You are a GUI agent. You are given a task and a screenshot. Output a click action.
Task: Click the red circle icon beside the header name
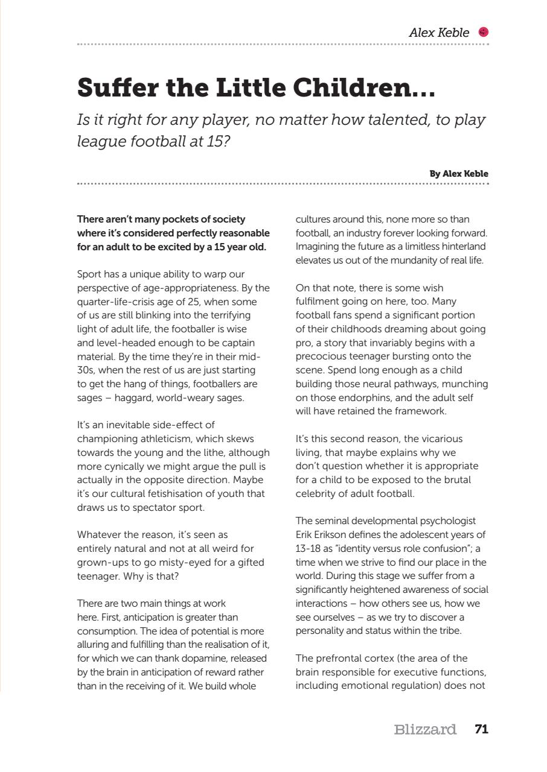tap(483, 33)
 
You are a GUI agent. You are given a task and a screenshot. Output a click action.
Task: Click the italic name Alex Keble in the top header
tap(439, 33)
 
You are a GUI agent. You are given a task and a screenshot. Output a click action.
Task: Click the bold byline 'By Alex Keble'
tap(459, 174)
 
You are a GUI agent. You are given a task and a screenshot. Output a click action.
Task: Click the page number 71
tap(481, 729)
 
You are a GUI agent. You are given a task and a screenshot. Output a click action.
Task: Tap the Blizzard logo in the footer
tap(425, 730)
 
